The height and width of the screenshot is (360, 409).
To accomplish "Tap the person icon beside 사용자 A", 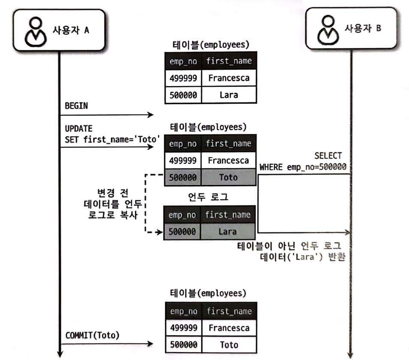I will (x=35, y=31).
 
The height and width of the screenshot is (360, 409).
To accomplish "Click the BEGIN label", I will (x=76, y=106).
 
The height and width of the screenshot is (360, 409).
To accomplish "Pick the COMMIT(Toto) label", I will (x=92, y=335).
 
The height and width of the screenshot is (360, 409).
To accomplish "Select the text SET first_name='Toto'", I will (x=112, y=139).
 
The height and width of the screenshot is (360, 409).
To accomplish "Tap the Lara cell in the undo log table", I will (x=227, y=232).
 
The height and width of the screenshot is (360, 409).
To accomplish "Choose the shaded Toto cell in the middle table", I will (x=227, y=177).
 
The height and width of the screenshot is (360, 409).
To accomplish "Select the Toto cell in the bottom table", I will (x=228, y=344).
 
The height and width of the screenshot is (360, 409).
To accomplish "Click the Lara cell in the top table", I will (x=228, y=95).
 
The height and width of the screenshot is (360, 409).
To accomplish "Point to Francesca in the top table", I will (x=228, y=78).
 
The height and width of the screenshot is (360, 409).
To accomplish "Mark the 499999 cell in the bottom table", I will (x=184, y=328).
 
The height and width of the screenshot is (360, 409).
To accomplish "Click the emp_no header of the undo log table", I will (x=182, y=215).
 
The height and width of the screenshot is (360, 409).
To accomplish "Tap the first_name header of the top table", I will (x=228, y=61).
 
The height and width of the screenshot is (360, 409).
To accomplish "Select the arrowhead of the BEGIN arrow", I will (x=151, y=115).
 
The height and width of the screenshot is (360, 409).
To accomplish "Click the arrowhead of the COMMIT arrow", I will (x=151, y=344).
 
